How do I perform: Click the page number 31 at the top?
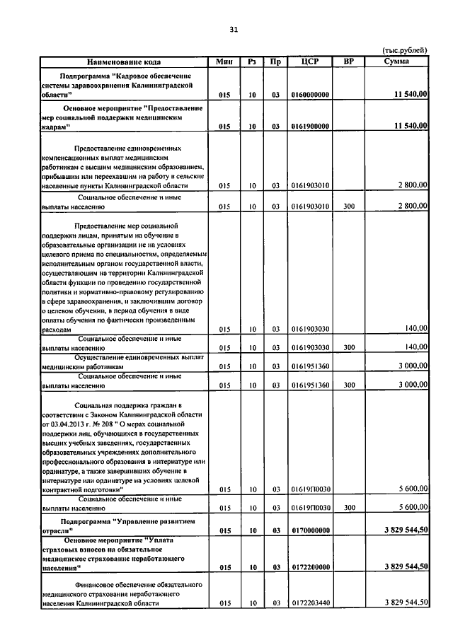(x=234, y=29)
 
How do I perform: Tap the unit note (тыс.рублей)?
(x=405, y=50)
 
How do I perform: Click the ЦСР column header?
(x=310, y=62)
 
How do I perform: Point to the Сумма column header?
(x=395, y=62)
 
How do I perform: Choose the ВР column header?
(x=348, y=62)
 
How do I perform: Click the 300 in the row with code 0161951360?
(x=348, y=385)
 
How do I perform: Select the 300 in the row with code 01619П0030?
(x=348, y=508)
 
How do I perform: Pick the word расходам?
(x=56, y=330)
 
